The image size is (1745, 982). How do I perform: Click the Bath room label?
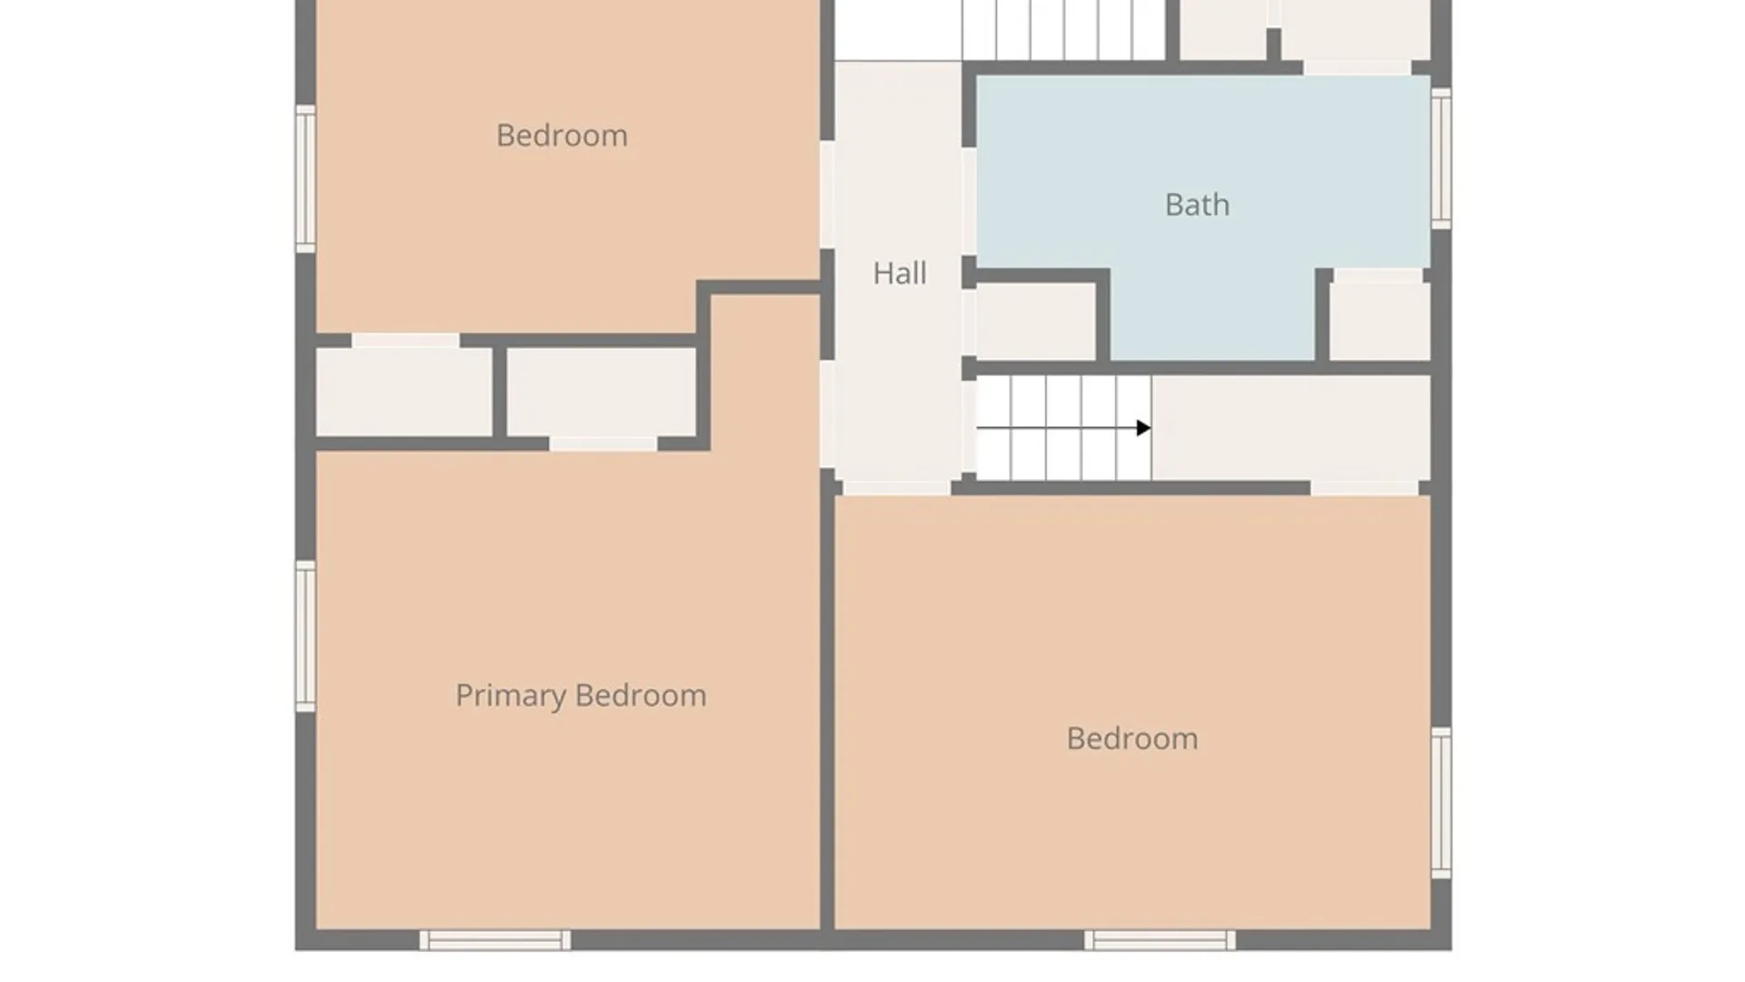click(x=1197, y=205)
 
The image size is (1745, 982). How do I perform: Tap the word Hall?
click(x=900, y=273)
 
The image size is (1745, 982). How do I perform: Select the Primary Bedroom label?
click(x=581, y=696)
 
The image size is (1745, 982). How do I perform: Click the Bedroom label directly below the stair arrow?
click(x=1132, y=738)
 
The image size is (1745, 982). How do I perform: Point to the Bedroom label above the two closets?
click(x=562, y=135)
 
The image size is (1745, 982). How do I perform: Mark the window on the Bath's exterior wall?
click(x=1441, y=158)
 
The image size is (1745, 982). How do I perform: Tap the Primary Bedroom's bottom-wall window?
click(x=495, y=940)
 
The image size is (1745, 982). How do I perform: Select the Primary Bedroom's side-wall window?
click(x=305, y=636)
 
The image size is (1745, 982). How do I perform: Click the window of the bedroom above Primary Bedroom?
click(x=305, y=178)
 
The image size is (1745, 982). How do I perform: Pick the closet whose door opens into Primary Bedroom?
click(x=602, y=392)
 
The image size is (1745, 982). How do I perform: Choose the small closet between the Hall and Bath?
click(x=1036, y=322)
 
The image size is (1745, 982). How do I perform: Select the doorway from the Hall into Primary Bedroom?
click(x=827, y=415)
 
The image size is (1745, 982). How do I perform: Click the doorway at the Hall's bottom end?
click(x=897, y=488)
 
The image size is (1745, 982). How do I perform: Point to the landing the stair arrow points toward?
click(x=1291, y=427)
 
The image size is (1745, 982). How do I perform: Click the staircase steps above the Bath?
click(x=1064, y=30)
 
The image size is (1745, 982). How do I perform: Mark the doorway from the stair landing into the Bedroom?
click(x=1364, y=488)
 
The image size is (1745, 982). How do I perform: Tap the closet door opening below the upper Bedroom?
click(x=405, y=340)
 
